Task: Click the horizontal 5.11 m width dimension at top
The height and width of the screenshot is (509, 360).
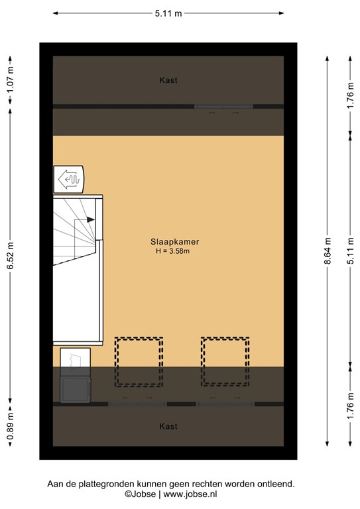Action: pos(168,13)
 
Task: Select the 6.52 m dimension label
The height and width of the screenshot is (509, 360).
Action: pos(11,253)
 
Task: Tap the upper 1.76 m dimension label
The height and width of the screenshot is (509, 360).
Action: pos(351,93)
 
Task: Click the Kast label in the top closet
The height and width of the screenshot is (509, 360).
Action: pos(168,80)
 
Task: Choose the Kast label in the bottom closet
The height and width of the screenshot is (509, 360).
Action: pos(168,426)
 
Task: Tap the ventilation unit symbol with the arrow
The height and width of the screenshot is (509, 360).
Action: pos(68,178)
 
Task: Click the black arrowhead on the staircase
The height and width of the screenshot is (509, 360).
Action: pos(91,219)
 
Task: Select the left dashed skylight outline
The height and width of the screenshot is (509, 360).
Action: pos(139,361)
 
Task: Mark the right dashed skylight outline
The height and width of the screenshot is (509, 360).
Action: pos(225,361)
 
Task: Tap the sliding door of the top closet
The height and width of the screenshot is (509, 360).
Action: pos(223,106)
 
